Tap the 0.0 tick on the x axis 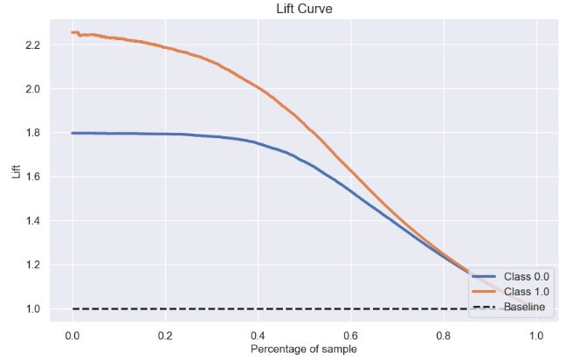tap(72, 336)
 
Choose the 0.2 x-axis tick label tap(165, 336)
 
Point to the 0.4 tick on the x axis tap(258, 336)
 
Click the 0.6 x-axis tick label tap(350, 336)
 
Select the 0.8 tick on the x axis tap(443, 336)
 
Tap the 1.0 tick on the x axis tap(535, 336)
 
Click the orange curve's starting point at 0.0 tap(72, 32)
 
